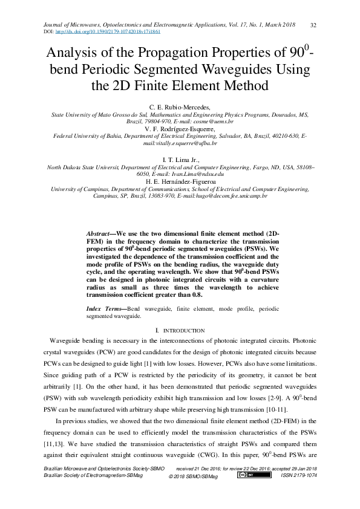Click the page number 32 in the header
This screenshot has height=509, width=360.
(313, 25)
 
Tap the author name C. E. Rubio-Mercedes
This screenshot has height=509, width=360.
(180, 106)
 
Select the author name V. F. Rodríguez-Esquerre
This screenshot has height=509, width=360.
(180, 129)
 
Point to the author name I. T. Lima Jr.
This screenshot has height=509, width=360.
(180, 160)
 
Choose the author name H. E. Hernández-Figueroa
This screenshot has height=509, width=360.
(180, 181)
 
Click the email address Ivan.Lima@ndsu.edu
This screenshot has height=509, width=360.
(197, 174)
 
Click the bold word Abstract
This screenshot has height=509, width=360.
(99, 233)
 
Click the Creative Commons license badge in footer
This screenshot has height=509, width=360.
(246, 475)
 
